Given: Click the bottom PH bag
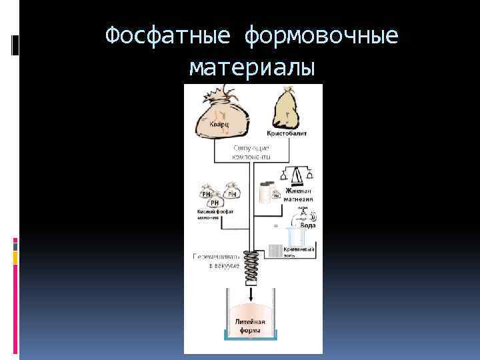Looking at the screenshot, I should [x=215, y=203].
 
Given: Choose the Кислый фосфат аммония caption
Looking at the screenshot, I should [x=214, y=215].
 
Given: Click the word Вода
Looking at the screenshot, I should [x=307, y=226].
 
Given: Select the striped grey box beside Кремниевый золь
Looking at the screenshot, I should [x=276, y=251].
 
